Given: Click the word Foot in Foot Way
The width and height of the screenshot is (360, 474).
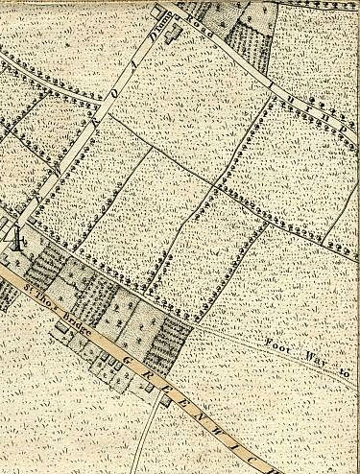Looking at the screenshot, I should tap(276, 342).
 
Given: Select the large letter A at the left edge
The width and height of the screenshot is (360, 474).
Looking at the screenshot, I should tap(13, 233).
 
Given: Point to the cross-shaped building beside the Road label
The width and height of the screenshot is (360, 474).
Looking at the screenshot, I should tap(174, 36).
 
